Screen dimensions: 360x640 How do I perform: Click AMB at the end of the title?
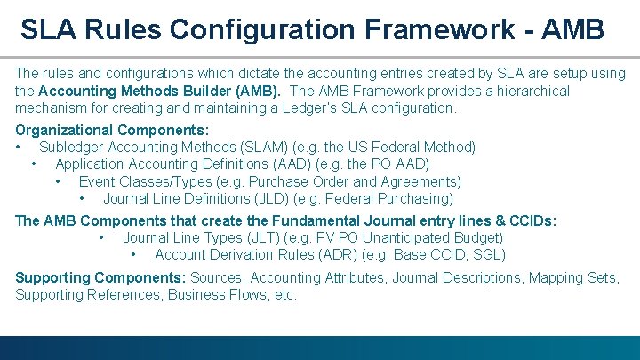[x=570, y=30]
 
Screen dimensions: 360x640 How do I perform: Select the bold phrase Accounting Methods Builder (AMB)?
[x=156, y=91]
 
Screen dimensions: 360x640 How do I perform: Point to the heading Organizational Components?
[x=112, y=130]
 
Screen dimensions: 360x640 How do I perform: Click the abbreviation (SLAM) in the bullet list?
[x=262, y=147]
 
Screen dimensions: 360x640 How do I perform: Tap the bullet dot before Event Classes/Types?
[x=58, y=181]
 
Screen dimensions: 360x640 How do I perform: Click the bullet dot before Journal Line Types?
[x=103, y=237]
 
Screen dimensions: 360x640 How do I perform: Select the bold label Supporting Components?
[x=100, y=277]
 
